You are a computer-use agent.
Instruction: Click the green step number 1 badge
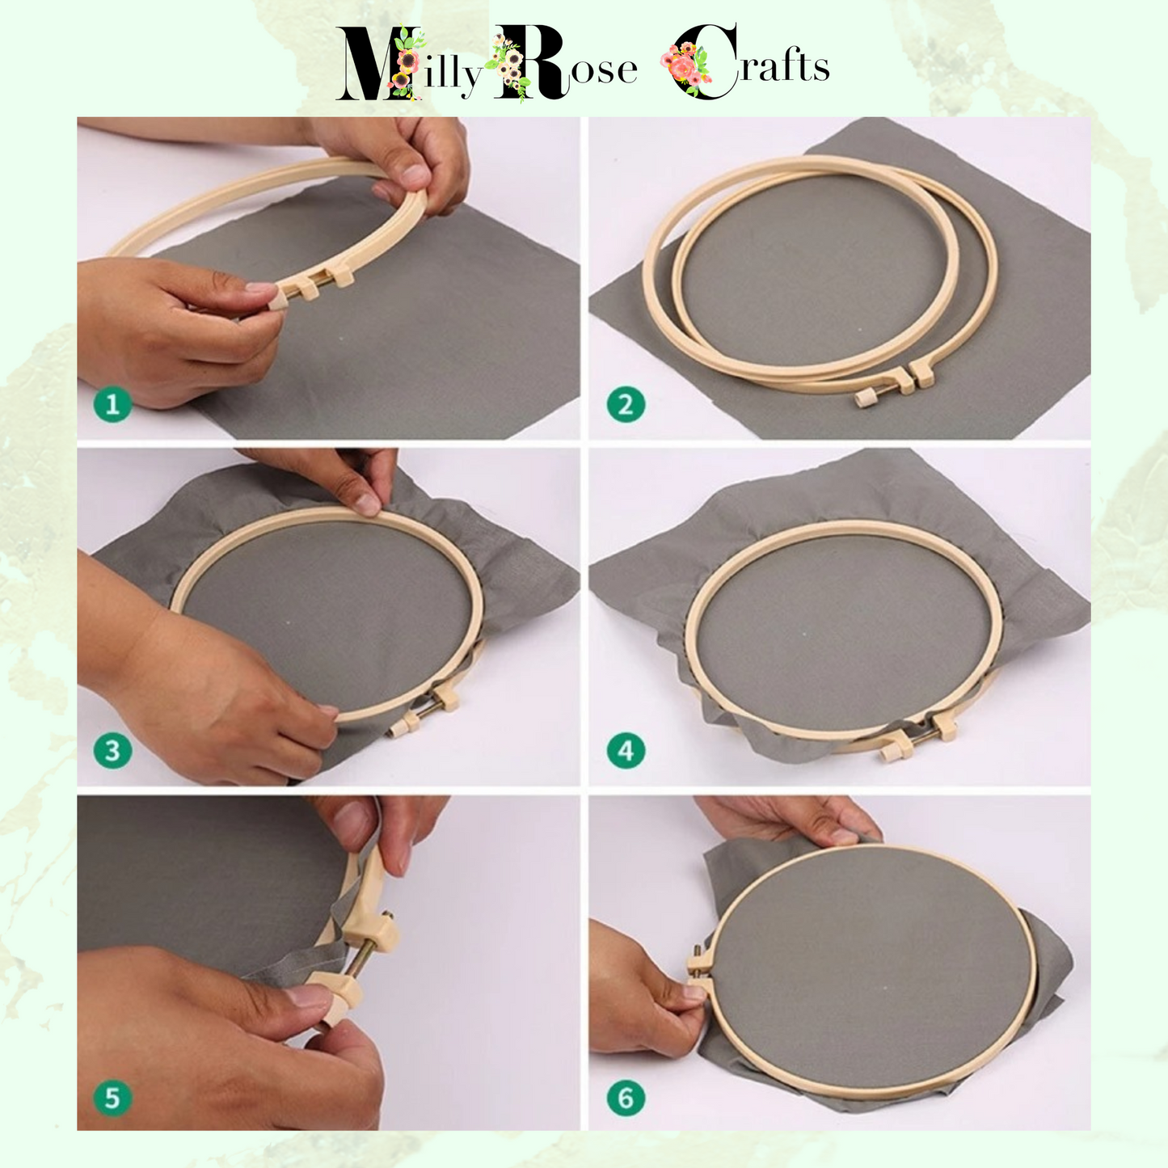(112, 404)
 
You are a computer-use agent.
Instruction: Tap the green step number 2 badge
(626, 404)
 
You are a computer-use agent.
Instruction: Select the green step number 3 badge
(112, 750)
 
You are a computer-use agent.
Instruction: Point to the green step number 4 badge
(626, 750)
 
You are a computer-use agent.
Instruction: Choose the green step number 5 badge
(112, 1098)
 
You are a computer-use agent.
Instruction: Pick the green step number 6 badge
(626, 1098)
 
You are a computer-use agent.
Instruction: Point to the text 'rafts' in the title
(784, 65)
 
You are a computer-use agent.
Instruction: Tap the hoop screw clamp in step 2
(895, 386)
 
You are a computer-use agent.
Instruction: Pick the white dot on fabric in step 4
(803, 635)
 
